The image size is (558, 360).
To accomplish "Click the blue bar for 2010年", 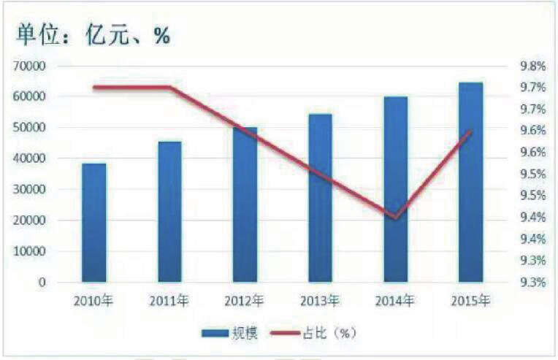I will coord(94,223).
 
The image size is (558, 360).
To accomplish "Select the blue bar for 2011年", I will coord(169,212).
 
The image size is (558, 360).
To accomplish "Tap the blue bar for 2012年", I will coord(245,204).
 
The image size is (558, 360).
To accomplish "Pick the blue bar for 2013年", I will coord(320,197).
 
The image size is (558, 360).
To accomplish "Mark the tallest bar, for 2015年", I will coord(470,182).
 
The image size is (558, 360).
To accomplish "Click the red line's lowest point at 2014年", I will coord(395,217).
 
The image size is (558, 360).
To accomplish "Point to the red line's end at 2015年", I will coord(470,131).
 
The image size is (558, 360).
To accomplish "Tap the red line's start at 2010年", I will coord(94,87).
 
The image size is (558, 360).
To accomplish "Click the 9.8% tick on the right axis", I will coord(532,66).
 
